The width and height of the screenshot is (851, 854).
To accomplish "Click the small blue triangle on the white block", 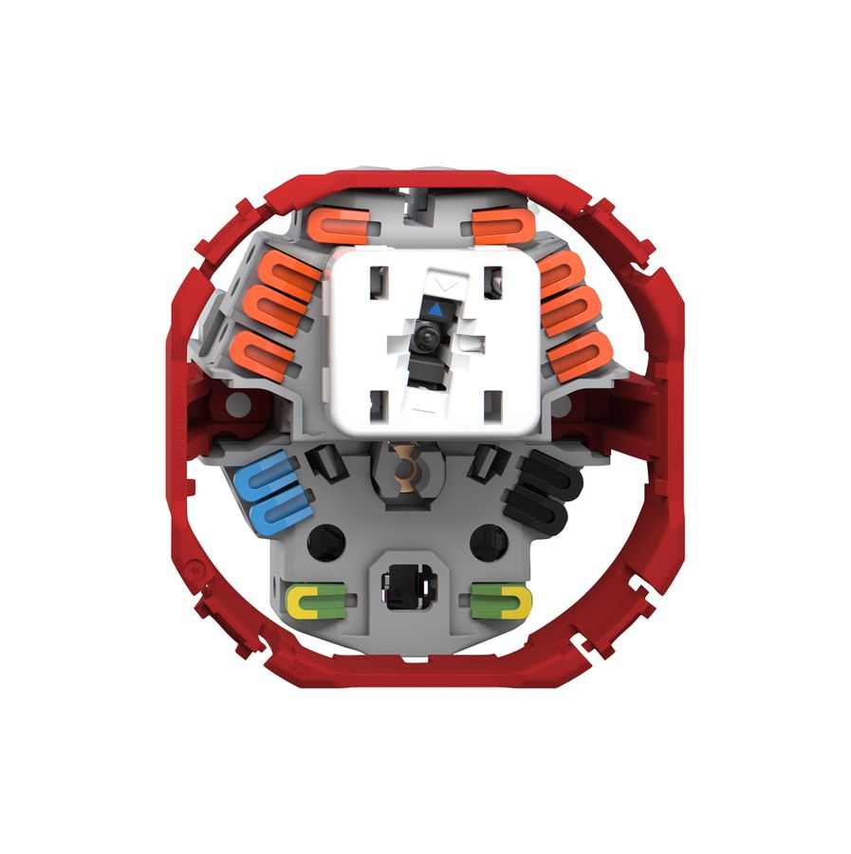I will (x=435, y=308).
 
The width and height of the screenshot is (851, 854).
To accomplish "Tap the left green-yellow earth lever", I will (x=316, y=600).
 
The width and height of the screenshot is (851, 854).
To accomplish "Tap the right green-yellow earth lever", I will (x=501, y=600).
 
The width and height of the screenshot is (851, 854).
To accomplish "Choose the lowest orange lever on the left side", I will (x=261, y=353).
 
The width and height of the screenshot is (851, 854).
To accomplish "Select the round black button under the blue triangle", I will (x=425, y=337).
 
